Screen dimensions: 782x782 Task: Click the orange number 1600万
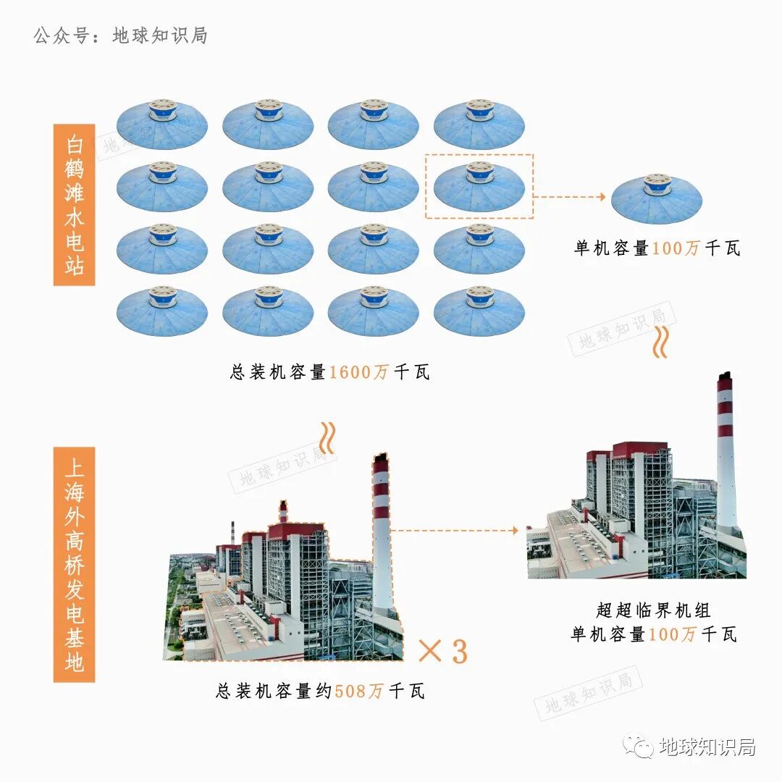(x=360, y=373)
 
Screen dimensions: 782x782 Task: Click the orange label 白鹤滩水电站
(x=75, y=204)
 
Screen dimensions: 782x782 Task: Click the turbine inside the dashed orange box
(x=479, y=186)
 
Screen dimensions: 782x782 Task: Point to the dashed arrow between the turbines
(x=569, y=196)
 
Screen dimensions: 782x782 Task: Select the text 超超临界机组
(x=654, y=610)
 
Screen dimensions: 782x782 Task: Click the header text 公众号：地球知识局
(x=120, y=35)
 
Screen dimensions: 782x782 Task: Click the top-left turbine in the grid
(x=162, y=124)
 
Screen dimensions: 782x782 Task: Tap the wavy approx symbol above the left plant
(x=328, y=437)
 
